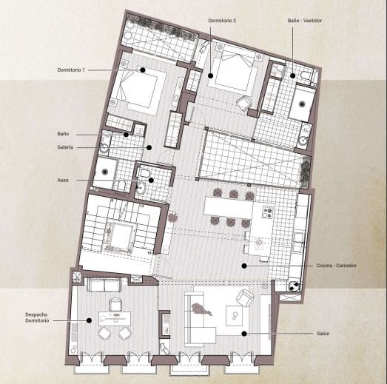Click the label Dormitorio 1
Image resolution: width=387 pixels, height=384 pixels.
pyautogui.click(x=71, y=70)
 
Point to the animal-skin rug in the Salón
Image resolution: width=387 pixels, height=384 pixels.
pyautogui.click(x=201, y=309)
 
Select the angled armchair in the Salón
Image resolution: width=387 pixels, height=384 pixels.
pyautogui.click(x=243, y=297)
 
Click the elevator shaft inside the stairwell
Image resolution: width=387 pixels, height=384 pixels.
pyautogui.click(x=118, y=238)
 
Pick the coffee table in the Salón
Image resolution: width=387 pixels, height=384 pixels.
pyautogui.click(x=235, y=317)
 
